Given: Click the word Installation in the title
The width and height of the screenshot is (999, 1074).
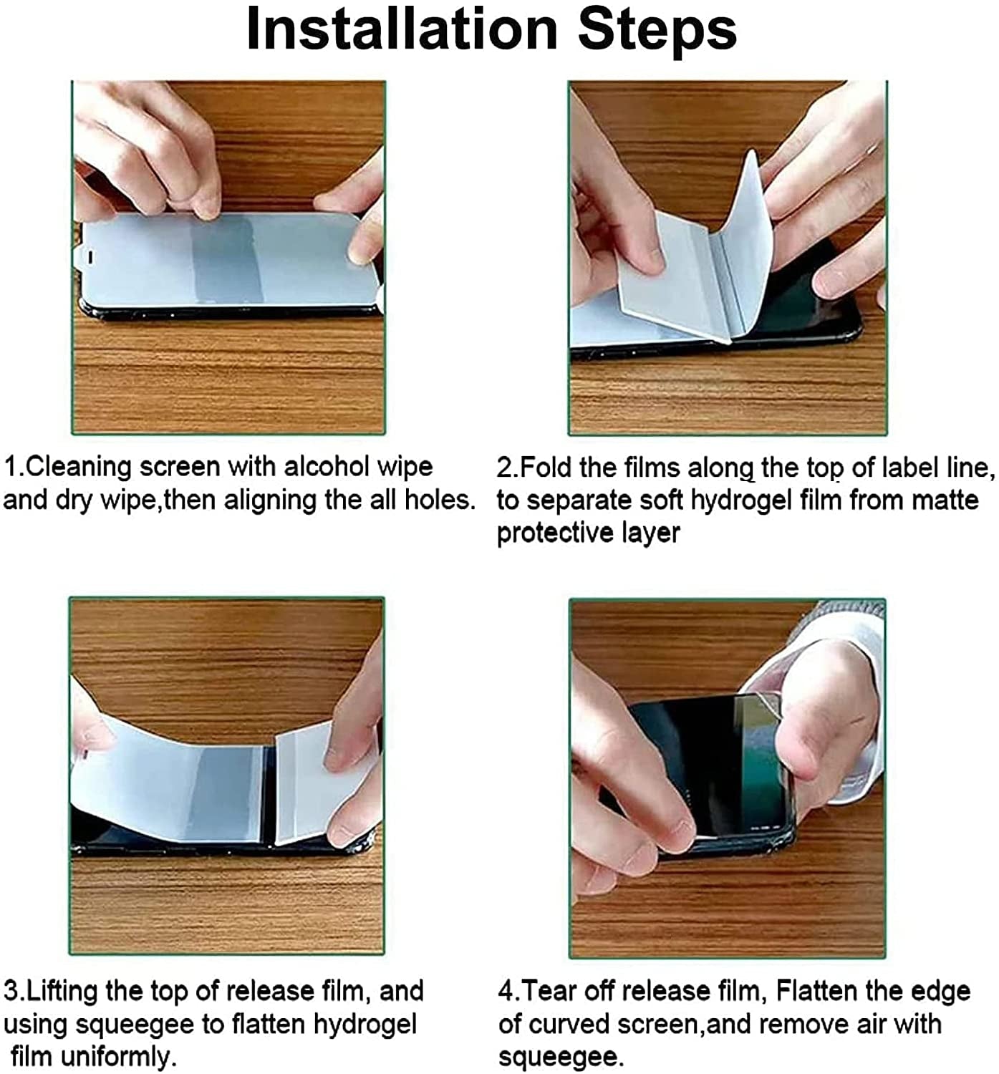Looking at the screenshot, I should [x=401, y=30].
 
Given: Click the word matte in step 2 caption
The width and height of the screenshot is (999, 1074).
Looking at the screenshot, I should [x=941, y=500].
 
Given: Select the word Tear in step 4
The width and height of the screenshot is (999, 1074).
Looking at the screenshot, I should [x=548, y=991].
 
